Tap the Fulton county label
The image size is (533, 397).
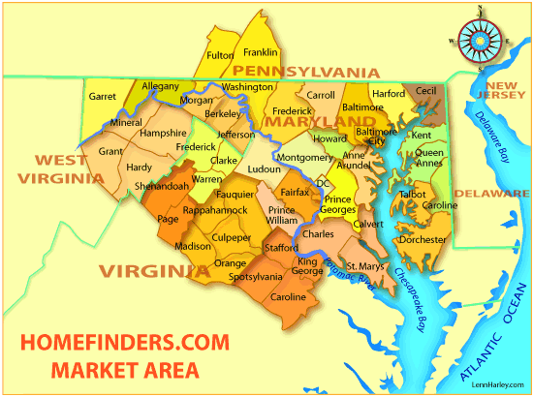point(220,55)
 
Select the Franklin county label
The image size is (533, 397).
point(261,51)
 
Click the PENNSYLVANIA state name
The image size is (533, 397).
point(298,72)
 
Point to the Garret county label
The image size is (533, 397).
point(103,97)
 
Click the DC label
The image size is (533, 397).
point(324,182)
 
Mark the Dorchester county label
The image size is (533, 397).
point(423,240)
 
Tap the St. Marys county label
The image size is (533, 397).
point(365,266)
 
